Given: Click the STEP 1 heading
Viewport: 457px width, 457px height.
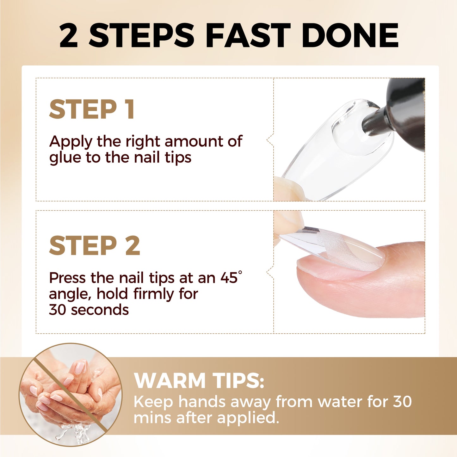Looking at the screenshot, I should click(92, 109).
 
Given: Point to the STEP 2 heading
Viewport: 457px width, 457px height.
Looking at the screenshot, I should click(94, 246).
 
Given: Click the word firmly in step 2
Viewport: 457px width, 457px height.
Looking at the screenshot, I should click(153, 294).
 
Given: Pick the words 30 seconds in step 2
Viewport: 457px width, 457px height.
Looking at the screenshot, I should click(89, 310).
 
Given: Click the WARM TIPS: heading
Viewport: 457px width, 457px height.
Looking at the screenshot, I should click(199, 380).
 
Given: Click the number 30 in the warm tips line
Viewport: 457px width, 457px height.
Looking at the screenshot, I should click(402, 402).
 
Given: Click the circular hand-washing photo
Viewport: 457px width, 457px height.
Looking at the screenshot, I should click(71, 394).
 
